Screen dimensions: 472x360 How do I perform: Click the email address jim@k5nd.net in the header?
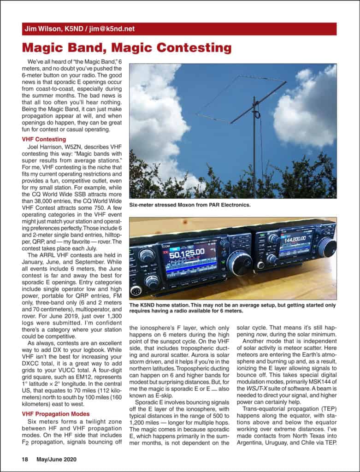[x=112, y=29]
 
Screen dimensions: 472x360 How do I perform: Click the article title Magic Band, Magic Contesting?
[x=127, y=48]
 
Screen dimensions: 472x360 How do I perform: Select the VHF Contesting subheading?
[x=44, y=139]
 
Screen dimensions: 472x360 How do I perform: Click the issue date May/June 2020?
[x=57, y=459]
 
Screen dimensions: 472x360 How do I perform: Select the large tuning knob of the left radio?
[x=239, y=263]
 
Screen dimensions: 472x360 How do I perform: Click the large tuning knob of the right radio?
[x=326, y=247]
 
